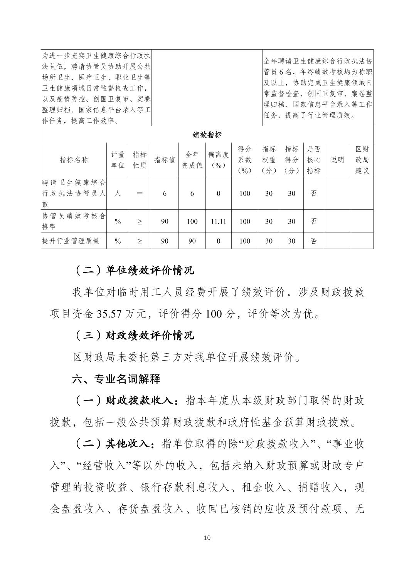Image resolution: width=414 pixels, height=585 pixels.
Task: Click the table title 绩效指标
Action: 207,135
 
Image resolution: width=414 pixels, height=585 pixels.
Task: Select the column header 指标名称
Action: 74,160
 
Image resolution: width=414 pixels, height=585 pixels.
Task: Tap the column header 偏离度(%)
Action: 218,160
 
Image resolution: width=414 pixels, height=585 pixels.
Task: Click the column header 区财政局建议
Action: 362,160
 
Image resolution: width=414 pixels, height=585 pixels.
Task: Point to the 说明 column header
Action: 337,160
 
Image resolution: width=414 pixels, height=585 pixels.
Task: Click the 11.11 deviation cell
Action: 218,221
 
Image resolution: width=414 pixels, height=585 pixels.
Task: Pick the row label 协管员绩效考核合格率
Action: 74,221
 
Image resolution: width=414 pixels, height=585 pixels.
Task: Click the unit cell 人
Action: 118,193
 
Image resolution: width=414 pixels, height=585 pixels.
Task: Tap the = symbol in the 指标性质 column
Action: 140,193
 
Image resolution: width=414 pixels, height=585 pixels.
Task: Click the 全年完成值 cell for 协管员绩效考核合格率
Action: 192,221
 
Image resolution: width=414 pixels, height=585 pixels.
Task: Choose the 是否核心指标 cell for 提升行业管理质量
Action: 314,241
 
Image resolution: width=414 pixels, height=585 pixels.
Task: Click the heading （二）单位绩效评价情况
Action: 133,270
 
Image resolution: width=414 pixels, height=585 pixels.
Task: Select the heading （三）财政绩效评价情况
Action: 133,335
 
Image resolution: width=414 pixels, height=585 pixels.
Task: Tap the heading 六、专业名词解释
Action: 116,379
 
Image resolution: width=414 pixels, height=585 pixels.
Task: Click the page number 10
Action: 207,538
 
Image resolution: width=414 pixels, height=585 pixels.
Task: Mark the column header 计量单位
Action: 118,160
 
